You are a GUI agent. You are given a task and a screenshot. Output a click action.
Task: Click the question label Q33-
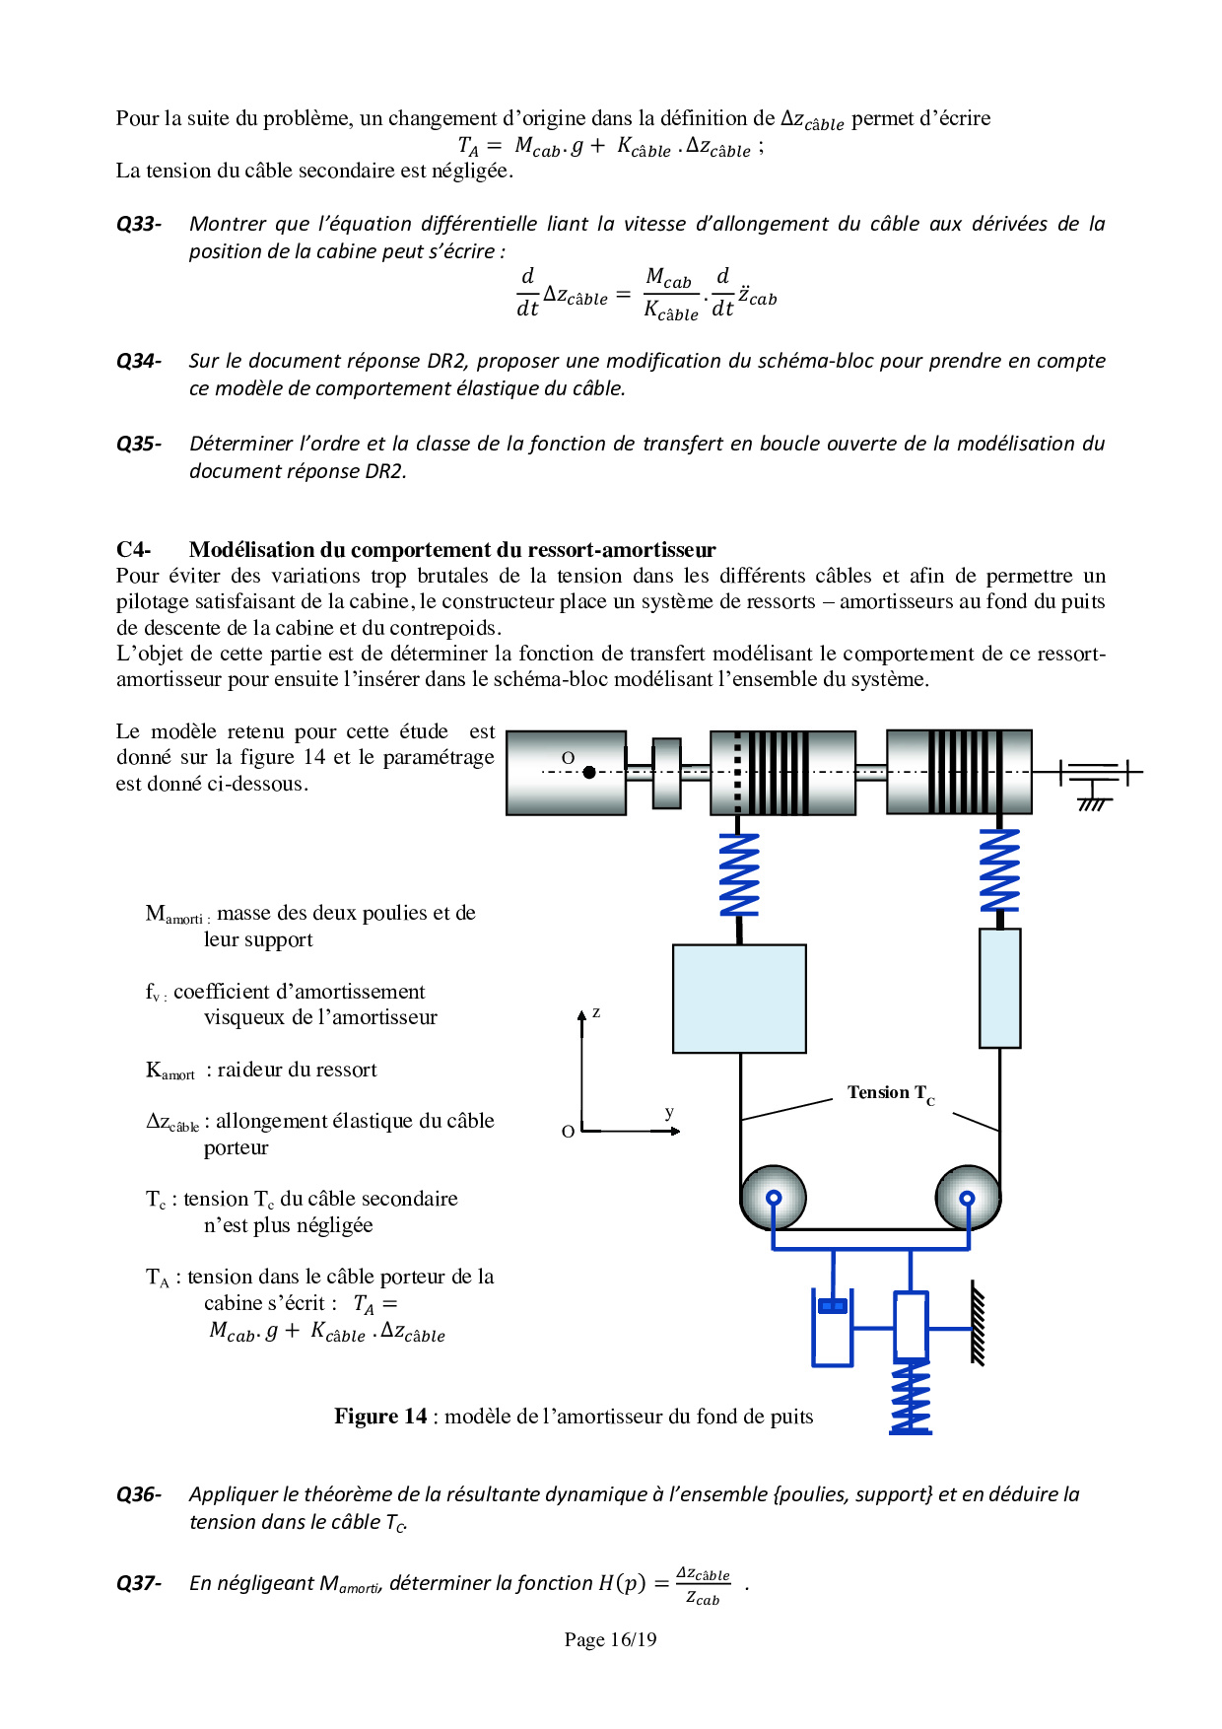click(x=139, y=225)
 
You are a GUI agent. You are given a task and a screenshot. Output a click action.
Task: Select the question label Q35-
click(x=139, y=445)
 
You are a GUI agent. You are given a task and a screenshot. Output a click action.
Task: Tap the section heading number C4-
click(x=134, y=550)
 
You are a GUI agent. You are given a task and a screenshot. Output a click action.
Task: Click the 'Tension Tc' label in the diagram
click(x=890, y=1093)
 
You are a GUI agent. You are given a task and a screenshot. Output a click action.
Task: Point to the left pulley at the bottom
click(x=773, y=1197)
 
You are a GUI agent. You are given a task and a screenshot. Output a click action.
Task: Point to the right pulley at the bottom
click(x=968, y=1197)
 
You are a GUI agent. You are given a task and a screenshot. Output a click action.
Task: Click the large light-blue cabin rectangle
click(x=739, y=999)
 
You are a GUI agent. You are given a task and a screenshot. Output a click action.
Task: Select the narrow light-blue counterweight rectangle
click(x=999, y=988)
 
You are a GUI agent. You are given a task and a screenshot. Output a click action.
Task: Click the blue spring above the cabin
click(x=739, y=874)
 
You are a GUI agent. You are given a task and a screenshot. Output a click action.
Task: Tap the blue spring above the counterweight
click(x=999, y=869)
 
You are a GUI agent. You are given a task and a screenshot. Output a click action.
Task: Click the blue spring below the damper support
click(x=911, y=1396)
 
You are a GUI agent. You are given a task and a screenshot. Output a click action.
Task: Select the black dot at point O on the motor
click(x=589, y=772)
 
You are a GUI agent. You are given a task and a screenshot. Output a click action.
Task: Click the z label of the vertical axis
click(x=596, y=1012)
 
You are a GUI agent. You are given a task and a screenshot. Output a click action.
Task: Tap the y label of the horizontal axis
click(x=669, y=1113)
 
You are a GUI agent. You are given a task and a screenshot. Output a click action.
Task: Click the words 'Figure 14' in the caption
click(x=380, y=1417)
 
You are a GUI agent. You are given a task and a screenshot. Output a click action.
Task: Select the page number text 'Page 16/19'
click(x=610, y=1639)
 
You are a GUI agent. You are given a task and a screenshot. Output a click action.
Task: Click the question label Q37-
click(x=139, y=1583)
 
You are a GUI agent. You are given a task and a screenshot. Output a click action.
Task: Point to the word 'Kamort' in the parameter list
click(x=170, y=1071)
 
